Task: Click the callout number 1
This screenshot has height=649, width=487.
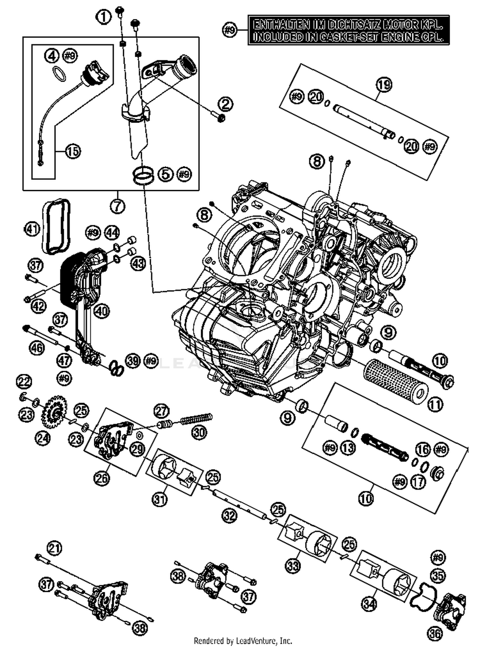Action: tap(104, 17)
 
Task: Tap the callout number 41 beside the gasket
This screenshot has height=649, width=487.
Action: tap(32, 229)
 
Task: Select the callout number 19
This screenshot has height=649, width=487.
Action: tap(384, 85)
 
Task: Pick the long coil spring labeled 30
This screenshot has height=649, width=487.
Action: tap(196, 419)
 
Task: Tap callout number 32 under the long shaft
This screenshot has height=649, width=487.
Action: tap(230, 515)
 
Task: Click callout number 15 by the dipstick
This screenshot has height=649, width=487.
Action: tap(73, 151)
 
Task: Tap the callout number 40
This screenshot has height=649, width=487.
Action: tap(102, 311)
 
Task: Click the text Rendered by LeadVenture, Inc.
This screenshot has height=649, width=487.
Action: tap(243, 641)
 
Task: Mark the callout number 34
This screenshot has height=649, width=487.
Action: tap(369, 604)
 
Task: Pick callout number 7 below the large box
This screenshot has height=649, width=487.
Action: tap(117, 205)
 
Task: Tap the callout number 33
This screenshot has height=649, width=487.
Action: tap(293, 566)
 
